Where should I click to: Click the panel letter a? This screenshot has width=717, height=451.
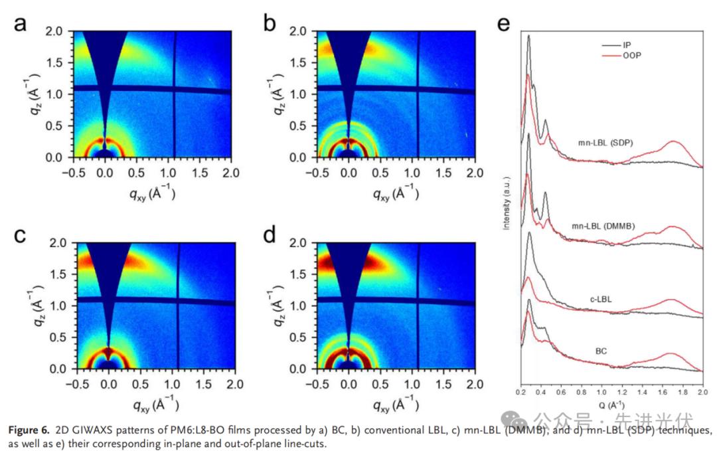21,24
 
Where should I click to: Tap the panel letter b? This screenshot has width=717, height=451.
269,25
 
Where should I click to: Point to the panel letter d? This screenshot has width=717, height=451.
269,236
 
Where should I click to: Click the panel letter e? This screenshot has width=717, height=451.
503,24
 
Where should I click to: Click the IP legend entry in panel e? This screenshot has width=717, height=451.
627,45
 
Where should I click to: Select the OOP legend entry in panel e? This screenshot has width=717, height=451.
631,55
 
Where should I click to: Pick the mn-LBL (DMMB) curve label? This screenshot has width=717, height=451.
603,226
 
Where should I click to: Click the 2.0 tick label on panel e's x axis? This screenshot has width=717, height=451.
703,393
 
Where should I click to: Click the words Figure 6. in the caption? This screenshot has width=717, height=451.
29,430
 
